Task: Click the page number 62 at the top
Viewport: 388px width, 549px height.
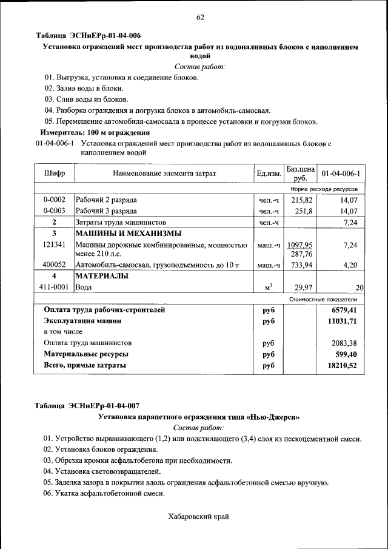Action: [200, 17]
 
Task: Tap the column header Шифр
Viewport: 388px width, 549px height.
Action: [54, 173]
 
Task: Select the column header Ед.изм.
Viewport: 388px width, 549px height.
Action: [269, 174]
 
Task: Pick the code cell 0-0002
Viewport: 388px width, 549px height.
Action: [54, 200]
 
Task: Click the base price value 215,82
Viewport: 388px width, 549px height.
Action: [301, 200]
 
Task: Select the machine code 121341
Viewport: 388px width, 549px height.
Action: [54, 244]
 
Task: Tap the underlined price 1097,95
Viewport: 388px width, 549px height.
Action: [300, 244]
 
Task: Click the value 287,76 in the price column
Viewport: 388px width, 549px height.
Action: [302, 254]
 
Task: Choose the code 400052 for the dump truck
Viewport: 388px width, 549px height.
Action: [54, 265]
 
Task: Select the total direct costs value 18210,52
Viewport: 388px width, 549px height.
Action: [341, 366]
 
